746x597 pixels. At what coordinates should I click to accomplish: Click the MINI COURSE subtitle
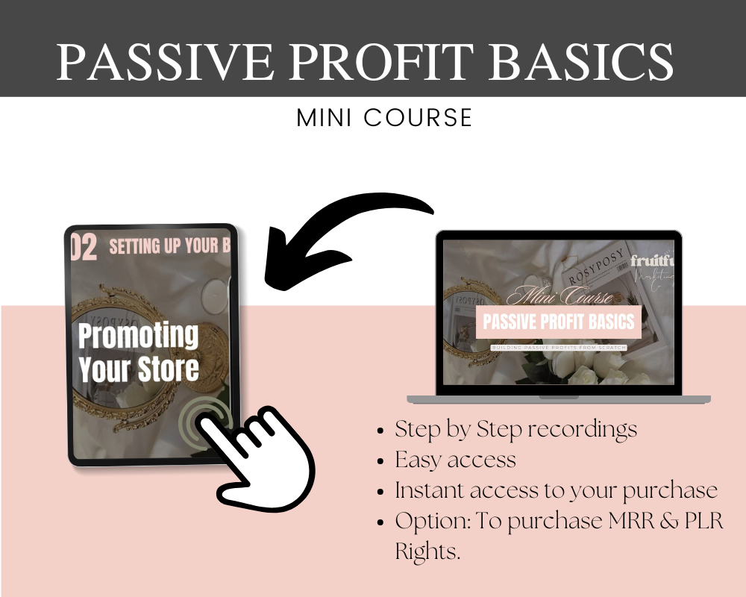pyautogui.click(x=384, y=118)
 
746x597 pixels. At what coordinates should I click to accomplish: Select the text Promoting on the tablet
pyautogui.click(x=139, y=337)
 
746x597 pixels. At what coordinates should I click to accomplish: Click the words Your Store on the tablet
pyautogui.click(x=139, y=369)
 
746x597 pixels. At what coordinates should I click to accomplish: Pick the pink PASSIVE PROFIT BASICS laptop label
pyautogui.click(x=559, y=322)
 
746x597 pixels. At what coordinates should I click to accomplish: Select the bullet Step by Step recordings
pyautogui.click(x=515, y=429)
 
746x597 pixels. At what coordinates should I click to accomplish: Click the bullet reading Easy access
pyautogui.click(x=455, y=460)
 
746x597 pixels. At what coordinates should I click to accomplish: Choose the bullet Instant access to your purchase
pyautogui.click(x=556, y=490)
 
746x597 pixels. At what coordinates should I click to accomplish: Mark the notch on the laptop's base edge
pyautogui.click(x=558, y=398)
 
